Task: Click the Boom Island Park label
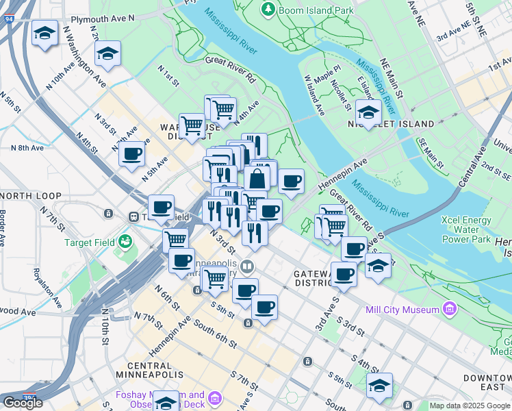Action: (x=316, y=10)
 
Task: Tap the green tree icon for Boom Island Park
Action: (x=268, y=10)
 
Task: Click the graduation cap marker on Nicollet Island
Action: (x=368, y=112)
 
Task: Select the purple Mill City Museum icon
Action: (x=449, y=310)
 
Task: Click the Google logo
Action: (x=23, y=403)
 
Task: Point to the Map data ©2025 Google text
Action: (x=470, y=406)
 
